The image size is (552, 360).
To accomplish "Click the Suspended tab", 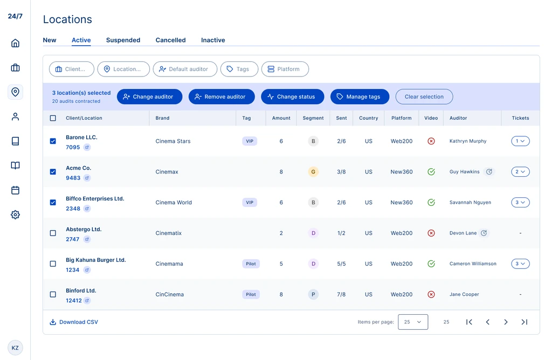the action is [123, 40].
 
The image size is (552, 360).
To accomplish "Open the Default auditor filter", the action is [185, 69].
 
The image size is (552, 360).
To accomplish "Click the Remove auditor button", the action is [222, 97].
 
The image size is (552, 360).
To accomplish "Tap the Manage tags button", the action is [360, 97].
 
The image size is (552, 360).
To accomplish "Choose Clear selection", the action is [424, 97].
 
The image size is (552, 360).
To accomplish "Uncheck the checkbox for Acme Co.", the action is [53, 172].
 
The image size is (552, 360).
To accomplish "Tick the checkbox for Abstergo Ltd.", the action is [53, 233].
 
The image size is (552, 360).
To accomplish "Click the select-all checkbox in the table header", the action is [53, 118].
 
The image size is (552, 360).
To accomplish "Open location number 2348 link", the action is [73, 209].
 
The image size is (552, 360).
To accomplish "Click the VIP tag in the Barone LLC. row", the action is [250, 141].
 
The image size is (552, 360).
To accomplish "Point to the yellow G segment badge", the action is [313, 172].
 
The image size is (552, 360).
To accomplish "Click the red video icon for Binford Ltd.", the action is [431, 294].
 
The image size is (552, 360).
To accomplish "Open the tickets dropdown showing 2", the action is [520, 172].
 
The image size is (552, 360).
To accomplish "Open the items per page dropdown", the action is [413, 322].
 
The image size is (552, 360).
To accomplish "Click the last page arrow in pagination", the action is [524, 322].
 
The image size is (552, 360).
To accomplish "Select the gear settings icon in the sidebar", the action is [15, 214].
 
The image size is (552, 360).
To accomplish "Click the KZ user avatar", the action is [15, 348].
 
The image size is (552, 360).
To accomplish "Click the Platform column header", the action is [401, 118].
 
